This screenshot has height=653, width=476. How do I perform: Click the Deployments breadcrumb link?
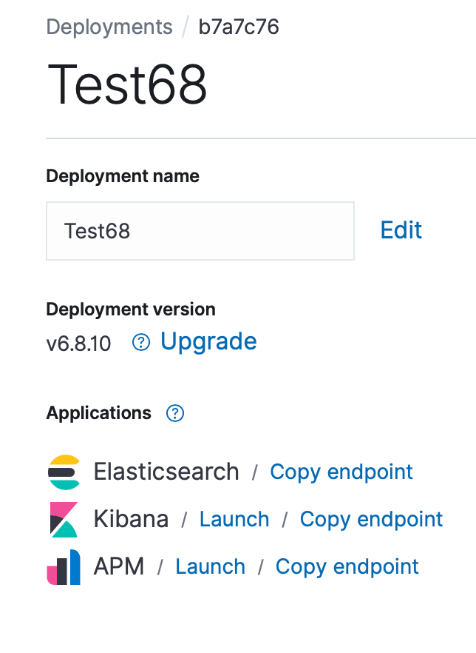(109, 27)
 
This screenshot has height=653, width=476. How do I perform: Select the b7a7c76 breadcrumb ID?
(239, 27)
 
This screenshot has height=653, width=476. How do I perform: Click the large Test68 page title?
(127, 84)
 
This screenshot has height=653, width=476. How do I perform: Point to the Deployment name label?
(123, 175)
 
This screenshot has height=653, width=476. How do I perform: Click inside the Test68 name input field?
(200, 231)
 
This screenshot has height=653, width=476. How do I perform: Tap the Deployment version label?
(131, 309)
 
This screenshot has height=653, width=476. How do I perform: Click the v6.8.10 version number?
(78, 344)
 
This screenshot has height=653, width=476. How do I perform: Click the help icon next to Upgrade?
(141, 343)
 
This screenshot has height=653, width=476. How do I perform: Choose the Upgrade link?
(208, 342)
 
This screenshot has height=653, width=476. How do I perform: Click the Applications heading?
(98, 413)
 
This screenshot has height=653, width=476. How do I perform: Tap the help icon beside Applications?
(175, 414)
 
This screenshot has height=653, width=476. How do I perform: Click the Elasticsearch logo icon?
(64, 472)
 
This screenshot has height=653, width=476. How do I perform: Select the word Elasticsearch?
(166, 472)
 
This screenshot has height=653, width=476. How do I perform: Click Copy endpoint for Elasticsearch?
(341, 472)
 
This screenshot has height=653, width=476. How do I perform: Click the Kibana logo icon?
(64, 520)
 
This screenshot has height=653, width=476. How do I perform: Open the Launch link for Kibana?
(234, 519)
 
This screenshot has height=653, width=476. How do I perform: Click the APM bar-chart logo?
(64, 567)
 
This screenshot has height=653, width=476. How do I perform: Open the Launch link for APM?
(211, 567)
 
